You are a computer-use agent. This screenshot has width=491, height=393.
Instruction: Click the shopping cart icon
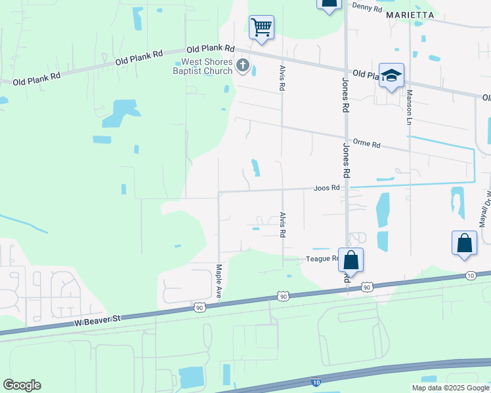tap(261, 28)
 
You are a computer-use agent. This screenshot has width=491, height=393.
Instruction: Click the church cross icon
tap(243, 65)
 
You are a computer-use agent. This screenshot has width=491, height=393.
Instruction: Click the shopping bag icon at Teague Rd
tap(351, 260)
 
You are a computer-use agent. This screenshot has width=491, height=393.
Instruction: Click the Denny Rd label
tap(367, 7)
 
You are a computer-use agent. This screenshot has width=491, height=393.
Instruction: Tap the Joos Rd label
tap(326, 188)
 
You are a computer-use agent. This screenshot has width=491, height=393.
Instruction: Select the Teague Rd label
tap(322, 259)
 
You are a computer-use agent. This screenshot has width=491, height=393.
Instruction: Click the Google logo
tap(22, 385)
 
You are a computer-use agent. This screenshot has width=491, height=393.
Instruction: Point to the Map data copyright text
tap(450, 388)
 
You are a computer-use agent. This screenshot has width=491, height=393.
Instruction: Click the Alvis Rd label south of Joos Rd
tap(283, 224)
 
